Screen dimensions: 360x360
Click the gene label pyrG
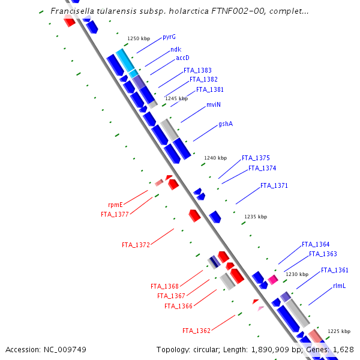point(169,37)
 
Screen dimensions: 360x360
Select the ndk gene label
point(176,49)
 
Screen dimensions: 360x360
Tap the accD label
point(182,58)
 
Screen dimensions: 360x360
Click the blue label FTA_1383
point(197,70)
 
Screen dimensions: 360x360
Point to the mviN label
point(214,104)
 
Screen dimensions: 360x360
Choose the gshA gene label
point(226,124)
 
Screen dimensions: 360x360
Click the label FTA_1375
point(256,158)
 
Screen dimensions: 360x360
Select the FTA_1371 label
point(274,186)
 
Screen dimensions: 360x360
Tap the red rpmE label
point(115,205)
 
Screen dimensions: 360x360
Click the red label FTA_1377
point(115,214)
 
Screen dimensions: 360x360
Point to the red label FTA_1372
point(136,245)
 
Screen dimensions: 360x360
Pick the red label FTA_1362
point(196,331)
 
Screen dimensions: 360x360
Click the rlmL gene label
point(340,286)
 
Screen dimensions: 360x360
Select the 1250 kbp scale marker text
point(138,38)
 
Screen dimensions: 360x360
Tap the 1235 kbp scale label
point(256,217)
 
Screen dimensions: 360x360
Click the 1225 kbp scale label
point(338,331)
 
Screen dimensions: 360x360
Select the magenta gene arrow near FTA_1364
point(273,280)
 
